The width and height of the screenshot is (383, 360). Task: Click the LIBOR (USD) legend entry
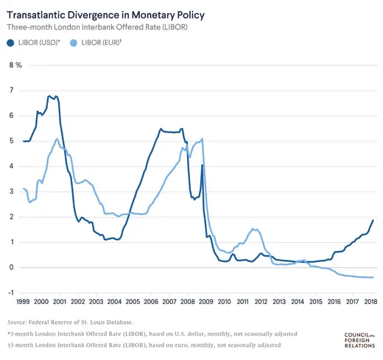[45, 43]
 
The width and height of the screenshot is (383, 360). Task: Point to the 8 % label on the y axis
[15, 65]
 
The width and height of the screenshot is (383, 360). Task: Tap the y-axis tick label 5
[11, 141]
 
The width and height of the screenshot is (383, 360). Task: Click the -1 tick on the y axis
[10, 293]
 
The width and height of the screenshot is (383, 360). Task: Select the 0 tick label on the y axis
[11, 267]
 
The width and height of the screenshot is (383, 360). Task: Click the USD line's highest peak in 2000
[49, 96]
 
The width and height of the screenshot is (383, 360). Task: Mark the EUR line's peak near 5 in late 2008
[202, 138]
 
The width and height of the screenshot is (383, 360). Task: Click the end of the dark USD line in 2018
[373, 220]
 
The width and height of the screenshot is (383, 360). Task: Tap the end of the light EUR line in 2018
[373, 278]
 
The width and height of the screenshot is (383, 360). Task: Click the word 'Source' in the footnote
[17, 322]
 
